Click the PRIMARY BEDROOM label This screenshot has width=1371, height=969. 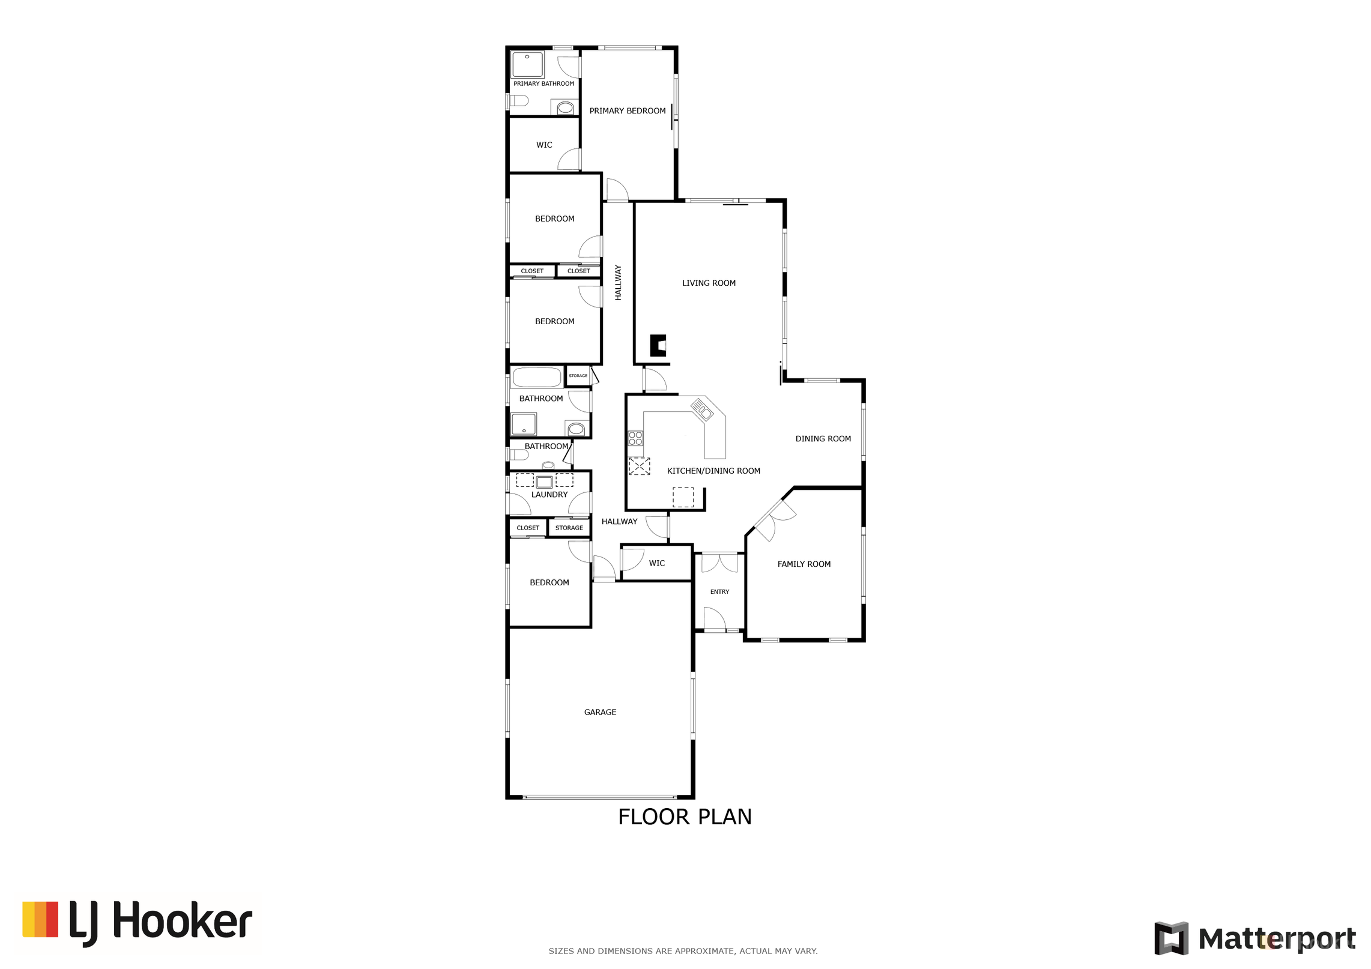tap(627, 111)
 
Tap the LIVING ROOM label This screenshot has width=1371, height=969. tap(709, 283)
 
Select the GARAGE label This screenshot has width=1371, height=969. tap(600, 712)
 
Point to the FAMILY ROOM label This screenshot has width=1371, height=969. tap(804, 564)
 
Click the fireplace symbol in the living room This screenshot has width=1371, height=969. tap(658, 346)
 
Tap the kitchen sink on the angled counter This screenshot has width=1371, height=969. tap(701, 409)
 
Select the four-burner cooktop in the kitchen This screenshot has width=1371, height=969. tap(635, 438)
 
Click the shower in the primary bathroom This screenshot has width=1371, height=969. tap(527, 65)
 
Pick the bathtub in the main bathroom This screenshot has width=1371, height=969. tap(537, 378)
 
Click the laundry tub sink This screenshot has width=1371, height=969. tap(544, 482)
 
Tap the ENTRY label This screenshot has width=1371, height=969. tap(719, 592)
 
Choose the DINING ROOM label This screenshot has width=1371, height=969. tap(823, 439)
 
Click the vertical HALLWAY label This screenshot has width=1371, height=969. tap(618, 283)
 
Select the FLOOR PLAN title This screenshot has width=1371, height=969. tap(685, 817)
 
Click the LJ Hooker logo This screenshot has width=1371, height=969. tap(137, 923)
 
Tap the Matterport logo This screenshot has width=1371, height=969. tap(1254, 938)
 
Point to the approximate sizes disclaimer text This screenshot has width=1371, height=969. tap(683, 951)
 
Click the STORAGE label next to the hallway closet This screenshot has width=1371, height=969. tap(569, 528)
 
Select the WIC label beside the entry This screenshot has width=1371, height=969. tap(656, 564)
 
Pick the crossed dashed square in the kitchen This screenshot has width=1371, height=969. tap(639, 466)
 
